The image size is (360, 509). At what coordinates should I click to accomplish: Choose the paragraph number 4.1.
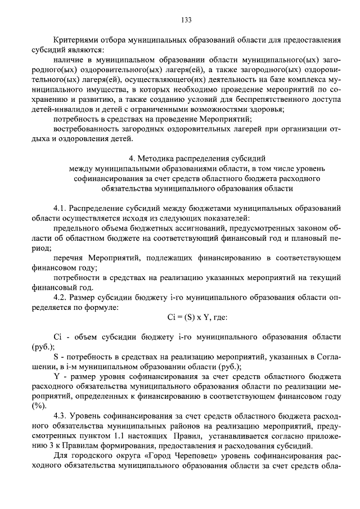(60, 208)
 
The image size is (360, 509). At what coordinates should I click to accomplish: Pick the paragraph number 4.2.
(60, 298)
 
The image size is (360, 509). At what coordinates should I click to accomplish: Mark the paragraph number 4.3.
(60, 416)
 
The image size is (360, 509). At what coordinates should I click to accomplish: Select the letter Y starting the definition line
(56, 375)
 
